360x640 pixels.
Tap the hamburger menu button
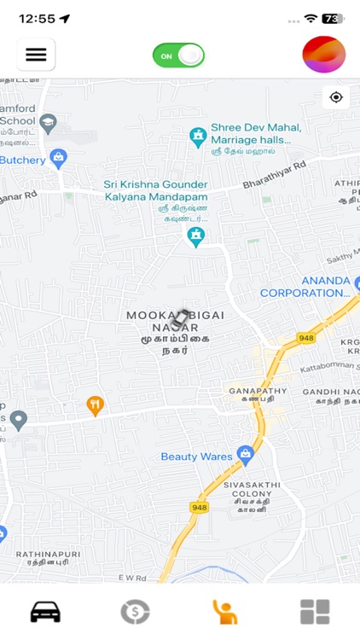(x=36, y=55)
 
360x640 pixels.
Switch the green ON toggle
(x=178, y=55)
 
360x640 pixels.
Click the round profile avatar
(x=323, y=55)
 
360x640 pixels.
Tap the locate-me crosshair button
(x=336, y=97)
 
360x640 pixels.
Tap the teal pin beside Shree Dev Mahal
(x=198, y=136)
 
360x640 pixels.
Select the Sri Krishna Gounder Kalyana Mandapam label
(x=156, y=190)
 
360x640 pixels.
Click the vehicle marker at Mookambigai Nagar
(x=180, y=319)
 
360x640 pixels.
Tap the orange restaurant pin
(x=96, y=405)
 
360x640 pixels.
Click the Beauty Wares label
(x=196, y=457)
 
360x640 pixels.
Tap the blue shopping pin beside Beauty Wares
(x=246, y=454)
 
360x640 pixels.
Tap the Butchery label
(x=22, y=160)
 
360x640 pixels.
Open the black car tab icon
(x=45, y=612)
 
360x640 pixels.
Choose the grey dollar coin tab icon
(x=135, y=612)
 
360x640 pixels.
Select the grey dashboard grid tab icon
(x=315, y=612)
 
